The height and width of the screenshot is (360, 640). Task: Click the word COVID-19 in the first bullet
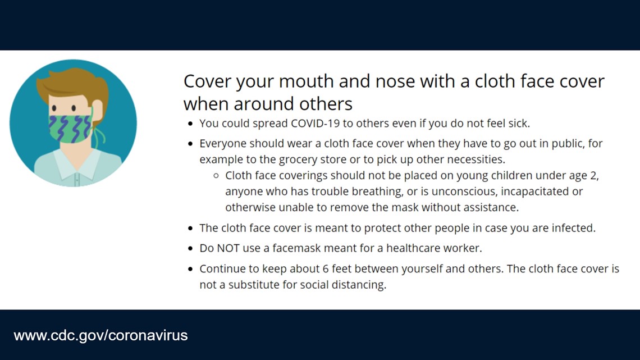(315, 123)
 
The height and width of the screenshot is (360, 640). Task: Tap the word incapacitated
(536, 192)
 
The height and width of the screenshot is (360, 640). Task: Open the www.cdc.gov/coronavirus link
(101, 335)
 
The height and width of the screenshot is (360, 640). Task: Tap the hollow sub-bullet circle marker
(216, 176)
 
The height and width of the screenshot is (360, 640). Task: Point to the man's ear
(98, 110)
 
